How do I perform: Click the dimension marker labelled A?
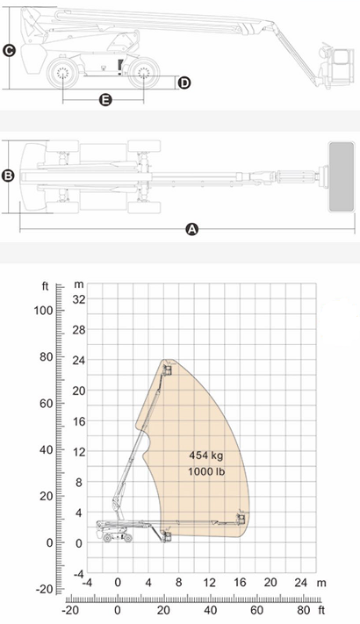tap(192, 229)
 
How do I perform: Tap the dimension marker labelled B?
tap(8, 176)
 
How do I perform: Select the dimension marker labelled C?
tap(9, 51)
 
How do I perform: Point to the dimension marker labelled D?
tap(184, 83)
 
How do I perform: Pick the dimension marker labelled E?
tap(105, 99)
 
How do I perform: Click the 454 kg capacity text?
tap(205, 455)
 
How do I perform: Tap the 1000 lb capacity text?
tap(206, 471)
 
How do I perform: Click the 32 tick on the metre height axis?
tap(79, 299)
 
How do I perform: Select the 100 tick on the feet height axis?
tap(43, 311)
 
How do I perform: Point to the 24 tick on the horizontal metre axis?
tap(300, 583)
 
